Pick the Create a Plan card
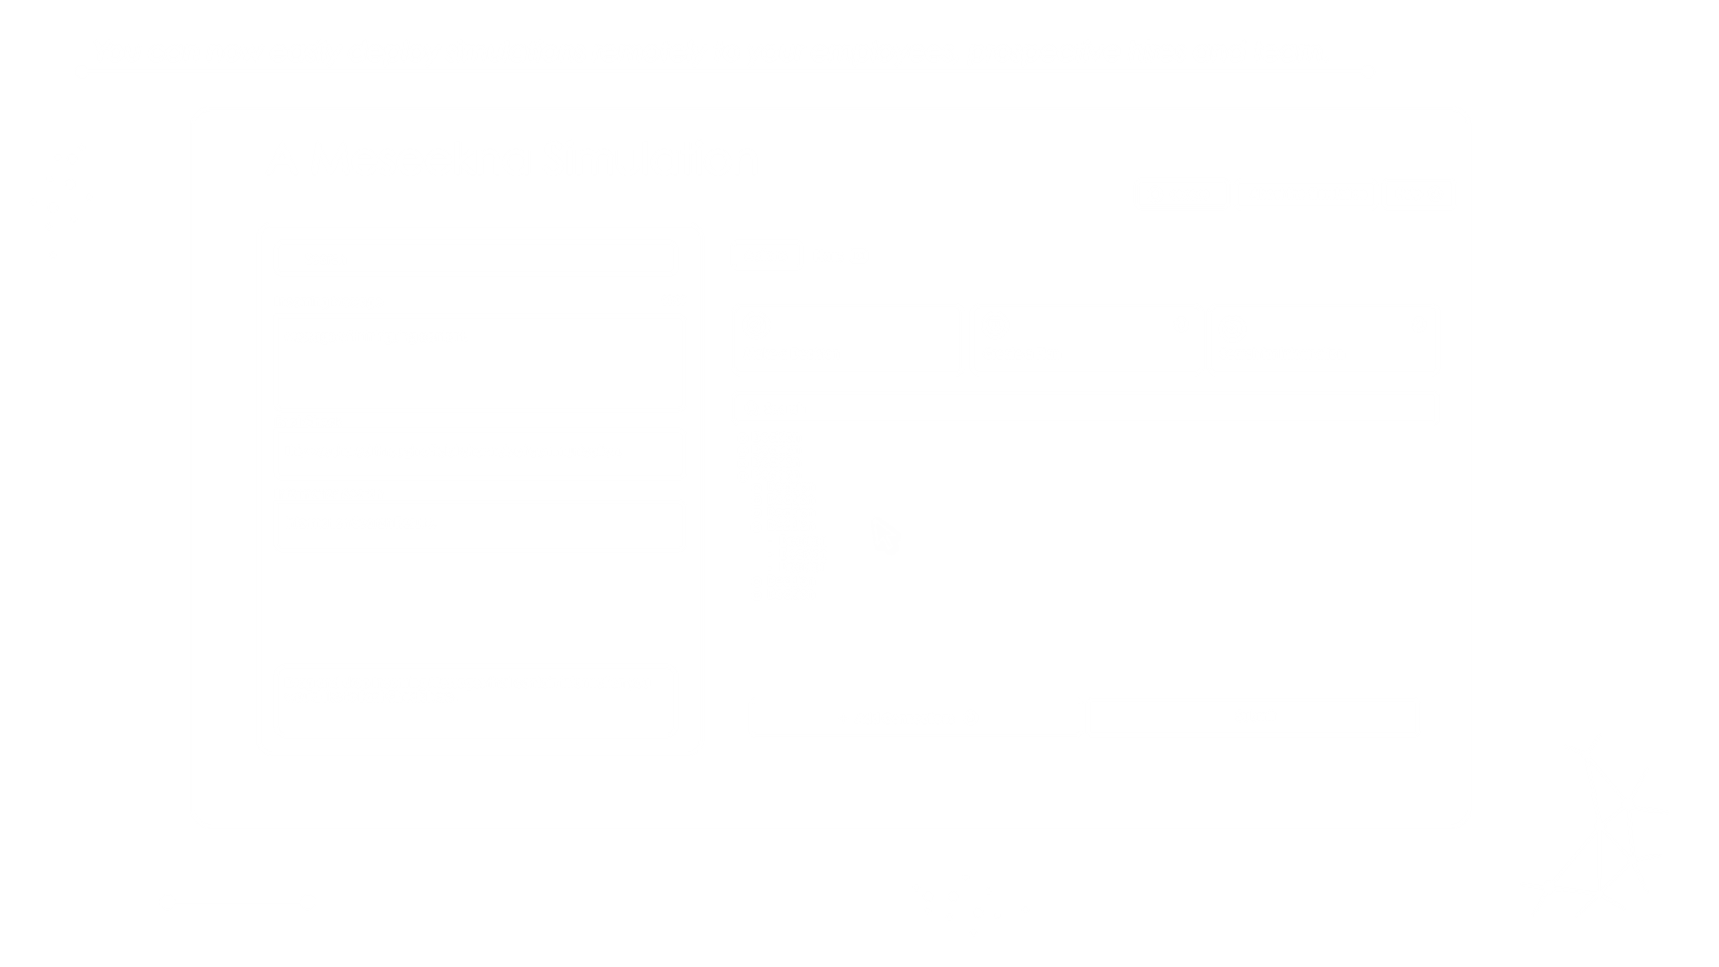click(x=1086, y=339)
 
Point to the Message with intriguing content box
click(x=479, y=363)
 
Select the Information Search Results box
click(x=479, y=525)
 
